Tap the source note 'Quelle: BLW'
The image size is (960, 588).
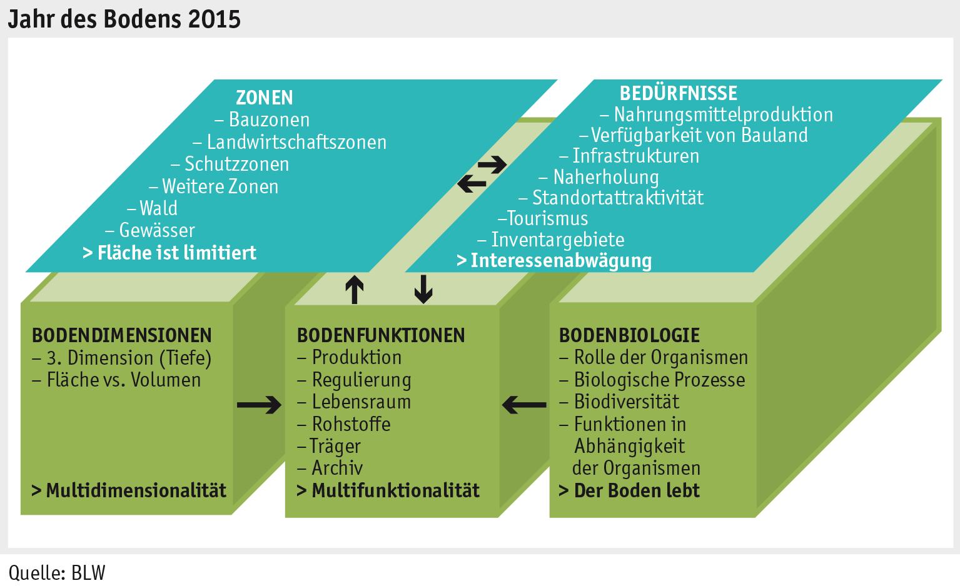[x=57, y=572]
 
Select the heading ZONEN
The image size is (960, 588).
[x=264, y=98]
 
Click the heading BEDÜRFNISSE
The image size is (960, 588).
[x=678, y=93]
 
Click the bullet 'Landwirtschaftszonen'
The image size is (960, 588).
[x=296, y=142]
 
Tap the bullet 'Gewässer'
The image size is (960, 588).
[x=156, y=230]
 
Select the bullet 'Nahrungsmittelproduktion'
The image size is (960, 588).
[x=722, y=114]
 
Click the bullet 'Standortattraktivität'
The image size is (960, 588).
[x=617, y=198]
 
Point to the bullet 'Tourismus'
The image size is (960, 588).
[x=547, y=218]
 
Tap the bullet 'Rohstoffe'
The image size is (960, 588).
[x=351, y=424]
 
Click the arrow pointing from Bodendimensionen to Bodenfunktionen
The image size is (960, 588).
[x=260, y=405]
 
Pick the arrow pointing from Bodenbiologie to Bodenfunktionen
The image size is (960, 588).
[x=524, y=405]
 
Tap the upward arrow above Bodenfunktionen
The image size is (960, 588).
[x=355, y=290]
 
